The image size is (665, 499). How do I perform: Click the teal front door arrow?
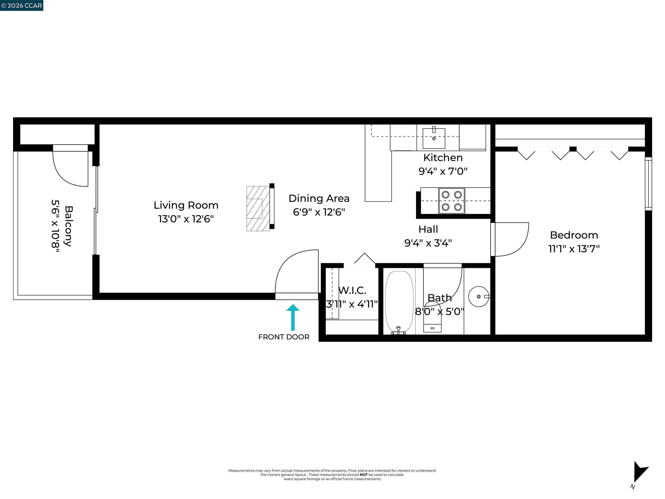[x=292, y=318]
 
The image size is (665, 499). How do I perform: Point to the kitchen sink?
[x=434, y=138]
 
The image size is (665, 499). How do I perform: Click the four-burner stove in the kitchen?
[x=452, y=201]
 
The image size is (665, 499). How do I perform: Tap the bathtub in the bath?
[x=399, y=302]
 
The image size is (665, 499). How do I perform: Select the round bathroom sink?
[x=478, y=296]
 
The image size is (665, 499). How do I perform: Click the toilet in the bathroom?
[x=432, y=322]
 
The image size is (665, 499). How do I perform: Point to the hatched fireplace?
[x=258, y=208]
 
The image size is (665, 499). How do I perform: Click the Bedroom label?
[x=574, y=235]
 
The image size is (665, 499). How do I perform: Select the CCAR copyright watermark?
[x=22, y=5]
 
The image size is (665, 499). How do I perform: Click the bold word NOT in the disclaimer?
[x=363, y=475]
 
